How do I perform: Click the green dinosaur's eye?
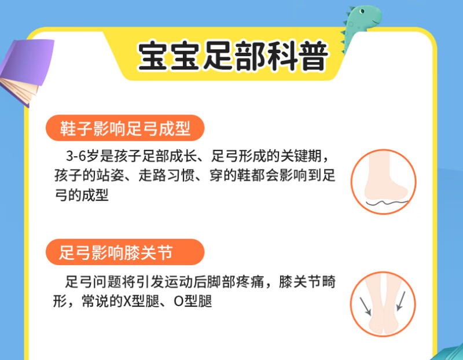click(x=362, y=11)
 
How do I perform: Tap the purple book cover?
click(x=28, y=61)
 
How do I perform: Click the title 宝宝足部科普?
click(x=233, y=56)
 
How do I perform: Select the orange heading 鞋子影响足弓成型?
click(x=125, y=128)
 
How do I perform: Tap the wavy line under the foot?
click(x=387, y=203)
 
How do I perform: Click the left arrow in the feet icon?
click(x=365, y=306)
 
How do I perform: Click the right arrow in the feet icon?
click(x=400, y=301)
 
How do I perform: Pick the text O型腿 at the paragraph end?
click(x=193, y=301)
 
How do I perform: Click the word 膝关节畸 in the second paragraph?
click(x=307, y=282)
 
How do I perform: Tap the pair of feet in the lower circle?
click(x=383, y=304)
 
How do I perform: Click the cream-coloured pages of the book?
click(x=19, y=90)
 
